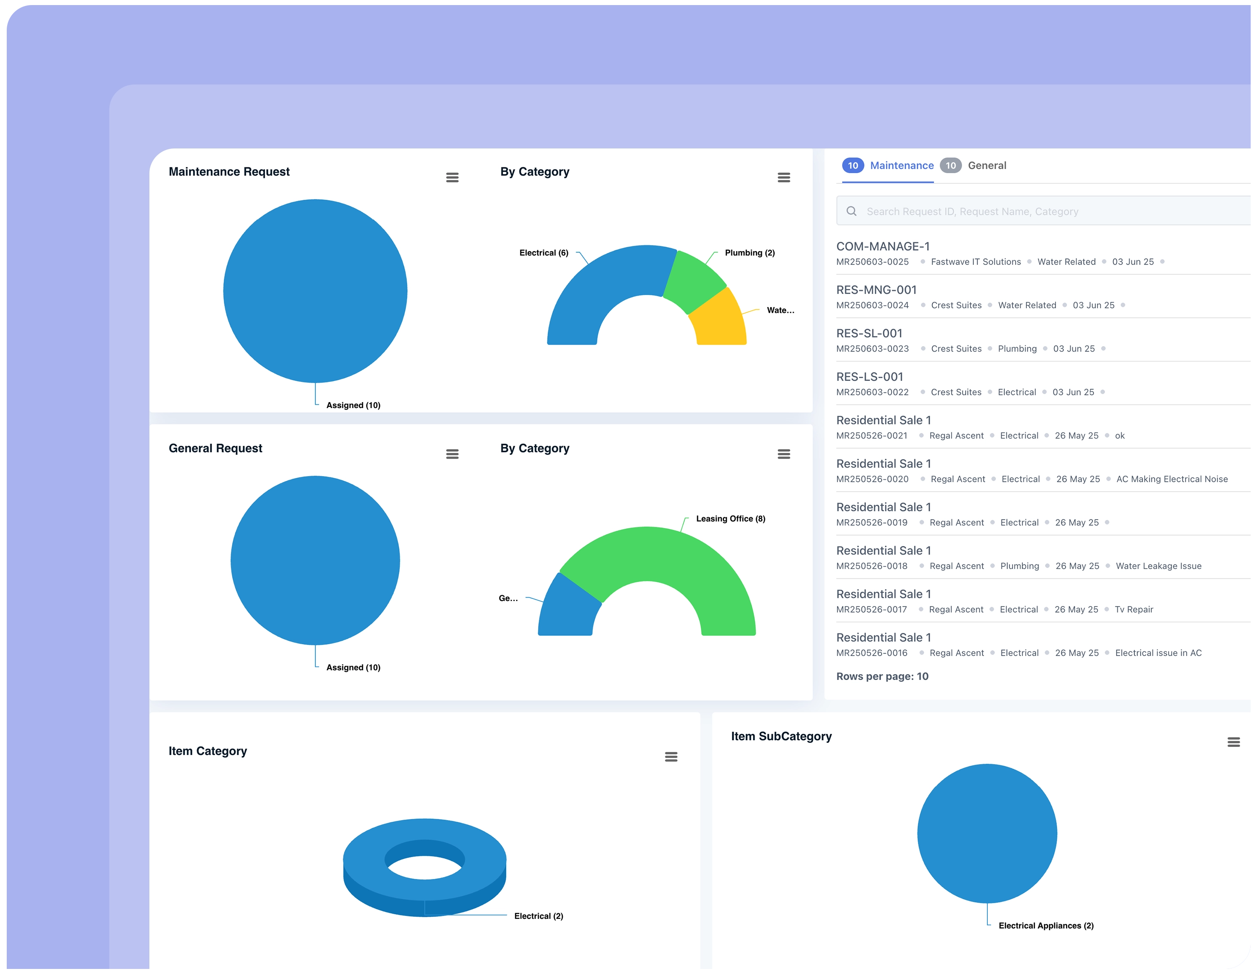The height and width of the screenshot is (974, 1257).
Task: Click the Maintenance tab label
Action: tap(901, 166)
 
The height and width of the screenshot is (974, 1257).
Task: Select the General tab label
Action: tap(987, 166)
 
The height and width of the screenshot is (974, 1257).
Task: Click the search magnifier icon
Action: tap(851, 211)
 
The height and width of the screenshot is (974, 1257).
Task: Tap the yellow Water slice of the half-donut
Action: tap(719, 322)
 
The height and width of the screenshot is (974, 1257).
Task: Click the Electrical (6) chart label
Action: tap(544, 253)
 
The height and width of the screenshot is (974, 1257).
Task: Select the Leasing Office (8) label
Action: tap(730, 519)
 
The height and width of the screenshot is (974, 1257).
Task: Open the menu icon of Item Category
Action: tap(671, 757)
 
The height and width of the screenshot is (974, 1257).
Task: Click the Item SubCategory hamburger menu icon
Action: tap(1233, 742)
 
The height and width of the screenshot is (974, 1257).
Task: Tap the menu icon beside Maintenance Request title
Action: tap(452, 178)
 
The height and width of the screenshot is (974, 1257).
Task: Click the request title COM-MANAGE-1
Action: tap(882, 246)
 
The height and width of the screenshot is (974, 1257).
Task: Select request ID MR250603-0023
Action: tap(872, 349)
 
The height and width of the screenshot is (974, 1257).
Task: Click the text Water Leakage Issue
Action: tap(1158, 566)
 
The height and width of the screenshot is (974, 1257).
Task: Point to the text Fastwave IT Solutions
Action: tap(976, 262)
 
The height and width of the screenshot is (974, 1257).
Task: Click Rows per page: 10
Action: tap(882, 677)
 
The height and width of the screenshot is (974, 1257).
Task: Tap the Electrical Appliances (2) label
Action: tap(1045, 926)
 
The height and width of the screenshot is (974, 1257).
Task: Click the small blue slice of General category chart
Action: tap(567, 610)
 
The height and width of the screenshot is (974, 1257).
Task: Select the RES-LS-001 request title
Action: tap(869, 377)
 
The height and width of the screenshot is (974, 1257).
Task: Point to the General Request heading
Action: tap(215, 448)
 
